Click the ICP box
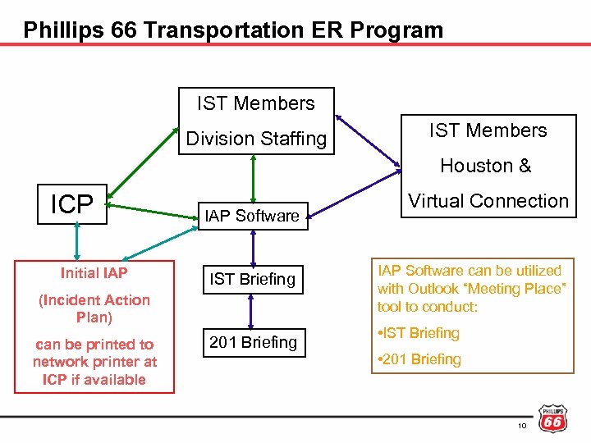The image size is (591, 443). [x=72, y=204]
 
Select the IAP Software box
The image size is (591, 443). [x=252, y=216]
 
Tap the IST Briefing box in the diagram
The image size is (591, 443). [x=252, y=279]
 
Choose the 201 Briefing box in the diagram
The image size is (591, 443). [x=252, y=342]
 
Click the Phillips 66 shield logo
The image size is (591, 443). [x=552, y=418]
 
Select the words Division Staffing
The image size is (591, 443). [x=256, y=139]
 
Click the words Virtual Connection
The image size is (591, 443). [x=488, y=201]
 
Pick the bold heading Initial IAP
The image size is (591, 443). [x=94, y=273]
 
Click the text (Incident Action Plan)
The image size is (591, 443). [x=94, y=308]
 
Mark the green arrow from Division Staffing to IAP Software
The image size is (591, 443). [x=253, y=177]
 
